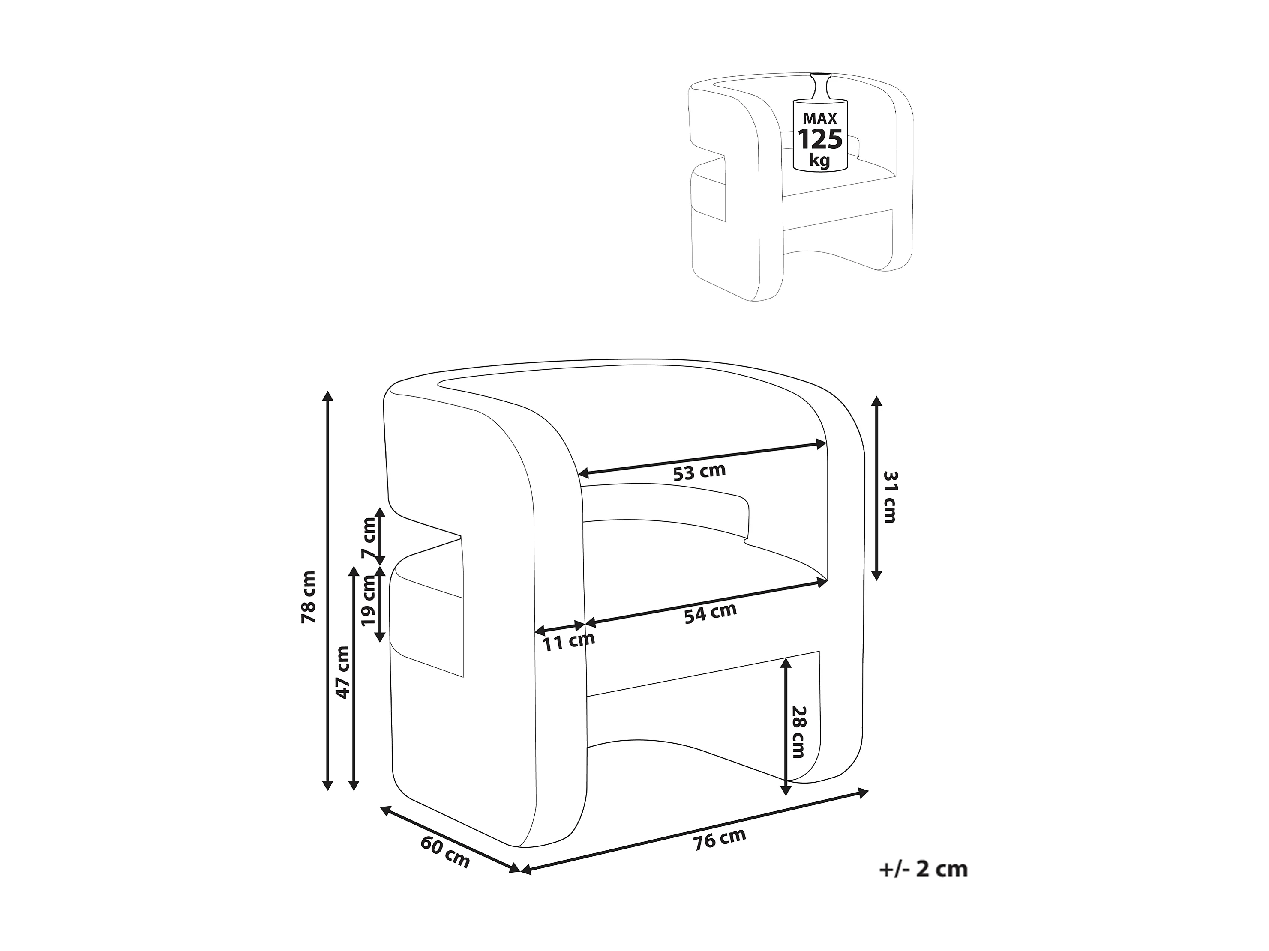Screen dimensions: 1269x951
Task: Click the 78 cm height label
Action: tap(309, 597)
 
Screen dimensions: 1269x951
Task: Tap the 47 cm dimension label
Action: tap(342, 672)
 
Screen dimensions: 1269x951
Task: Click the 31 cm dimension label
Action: tap(889, 497)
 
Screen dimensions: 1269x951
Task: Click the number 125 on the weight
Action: tap(820, 139)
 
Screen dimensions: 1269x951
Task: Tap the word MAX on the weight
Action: tap(820, 119)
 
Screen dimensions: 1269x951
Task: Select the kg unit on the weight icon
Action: tap(820, 160)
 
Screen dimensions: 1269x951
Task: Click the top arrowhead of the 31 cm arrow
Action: tap(876, 401)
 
